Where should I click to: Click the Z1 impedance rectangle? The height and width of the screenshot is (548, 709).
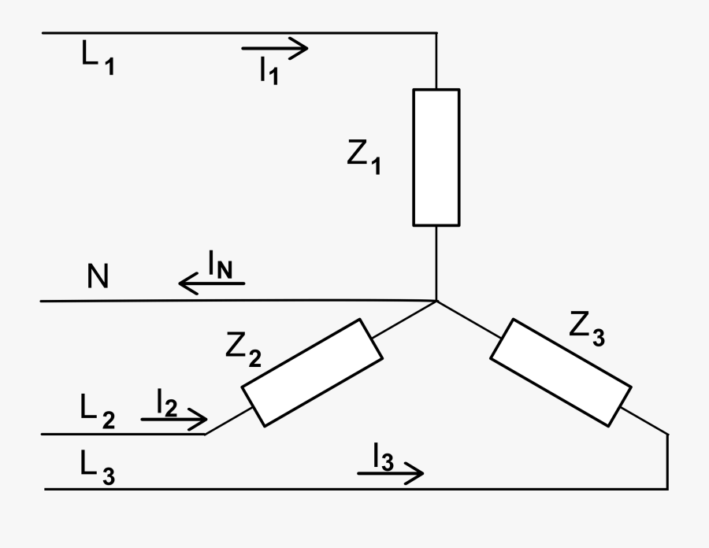click(x=436, y=157)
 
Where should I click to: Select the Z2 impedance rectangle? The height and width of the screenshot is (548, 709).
click(x=313, y=372)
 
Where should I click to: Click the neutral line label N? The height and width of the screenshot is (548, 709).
click(x=98, y=277)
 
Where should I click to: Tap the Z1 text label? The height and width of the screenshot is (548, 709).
click(x=363, y=157)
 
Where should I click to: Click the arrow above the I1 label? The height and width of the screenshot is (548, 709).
click(x=275, y=49)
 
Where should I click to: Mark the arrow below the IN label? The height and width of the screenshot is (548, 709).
click(x=211, y=282)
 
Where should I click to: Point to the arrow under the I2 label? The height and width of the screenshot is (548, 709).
click(x=175, y=420)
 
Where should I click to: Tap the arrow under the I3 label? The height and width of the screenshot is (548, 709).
click(x=391, y=473)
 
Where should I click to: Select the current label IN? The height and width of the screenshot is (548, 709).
click(x=220, y=265)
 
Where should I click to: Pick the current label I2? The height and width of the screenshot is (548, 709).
click(x=166, y=405)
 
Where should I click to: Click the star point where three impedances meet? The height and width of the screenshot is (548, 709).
click(x=436, y=300)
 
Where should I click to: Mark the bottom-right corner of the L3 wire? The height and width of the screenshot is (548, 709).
click(x=667, y=489)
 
